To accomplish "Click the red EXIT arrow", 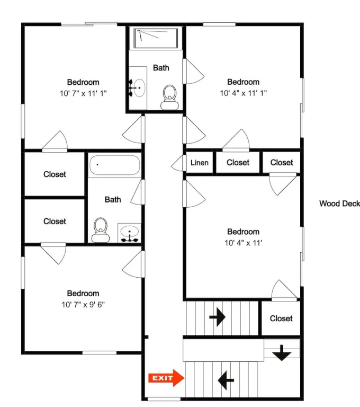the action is pyautogui.click(x=166, y=378).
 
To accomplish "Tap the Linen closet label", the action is pyautogui.click(x=200, y=163).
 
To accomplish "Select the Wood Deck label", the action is pyautogui.click(x=339, y=203).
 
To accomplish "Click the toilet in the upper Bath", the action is pyautogui.click(x=169, y=98).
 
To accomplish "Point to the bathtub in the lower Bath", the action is pyautogui.click(x=115, y=165).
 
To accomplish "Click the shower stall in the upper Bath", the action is pyautogui.click(x=156, y=38).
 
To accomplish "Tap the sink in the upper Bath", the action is pyautogui.click(x=138, y=88).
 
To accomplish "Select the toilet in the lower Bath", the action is pyautogui.click(x=101, y=230).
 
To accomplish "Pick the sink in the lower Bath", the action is pyautogui.click(x=129, y=233).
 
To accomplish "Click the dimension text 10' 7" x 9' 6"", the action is pyautogui.click(x=83, y=305).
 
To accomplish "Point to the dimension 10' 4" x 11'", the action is pyautogui.click(x=244, y=243).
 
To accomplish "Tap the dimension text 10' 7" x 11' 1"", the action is pyautogui.click(x=83, y=93).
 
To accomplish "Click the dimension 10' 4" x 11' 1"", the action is pyautogui.click(x=244, y=93).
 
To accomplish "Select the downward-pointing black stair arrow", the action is pyautogui.click(x=282, y=353).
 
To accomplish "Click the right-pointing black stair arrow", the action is pyautogui.click(x=218, y=317).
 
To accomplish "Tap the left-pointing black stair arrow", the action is pyautogui.click(x=226, y=381).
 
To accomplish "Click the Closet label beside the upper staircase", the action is pyautogui.click(x=281, y=318).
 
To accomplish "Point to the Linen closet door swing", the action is pyautogui.click(x=178, y=163).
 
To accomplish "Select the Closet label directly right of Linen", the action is pyautogui.click(x=238, y=163).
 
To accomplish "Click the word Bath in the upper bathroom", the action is pyautogui.click(x=161, y=68).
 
